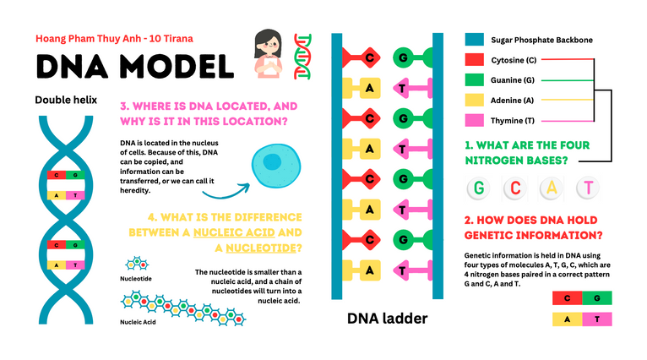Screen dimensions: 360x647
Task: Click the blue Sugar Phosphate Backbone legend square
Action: click(x=474, y=40)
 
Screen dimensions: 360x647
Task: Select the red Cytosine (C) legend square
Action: click(x=474, y=60)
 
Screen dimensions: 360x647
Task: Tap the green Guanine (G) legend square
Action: click(x=474, y=80)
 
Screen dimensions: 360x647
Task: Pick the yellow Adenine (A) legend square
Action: click(x=474, y=101)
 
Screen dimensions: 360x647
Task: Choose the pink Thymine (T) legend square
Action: click(x=474, y=121)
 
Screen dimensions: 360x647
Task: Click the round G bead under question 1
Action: click(x=480, y=188)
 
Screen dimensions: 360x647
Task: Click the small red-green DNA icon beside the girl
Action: click(x=303, y=56)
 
